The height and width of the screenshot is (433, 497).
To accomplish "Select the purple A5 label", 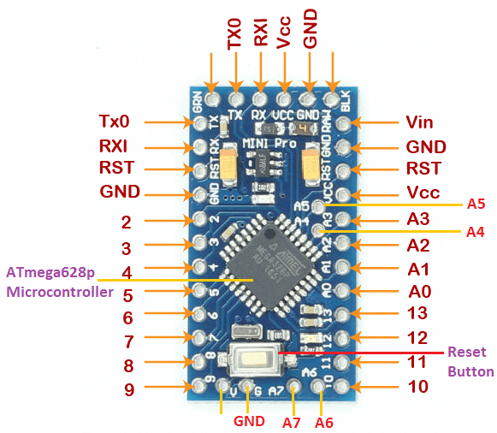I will point(476,204).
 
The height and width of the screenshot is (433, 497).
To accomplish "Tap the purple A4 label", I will point(476,232).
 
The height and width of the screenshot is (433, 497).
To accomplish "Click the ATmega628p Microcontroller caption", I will point(59,282).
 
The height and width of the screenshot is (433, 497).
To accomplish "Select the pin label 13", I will point(417,314).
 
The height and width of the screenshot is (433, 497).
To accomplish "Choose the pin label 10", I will point(417,386).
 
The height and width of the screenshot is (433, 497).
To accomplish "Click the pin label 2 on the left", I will point(126,222).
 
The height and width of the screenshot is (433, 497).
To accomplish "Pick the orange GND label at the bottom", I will point(249,421).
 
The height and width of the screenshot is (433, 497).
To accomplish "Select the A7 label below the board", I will point(293,421).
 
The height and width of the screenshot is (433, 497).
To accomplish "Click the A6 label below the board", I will point(324,421).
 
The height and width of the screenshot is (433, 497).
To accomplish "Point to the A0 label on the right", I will point(419,291).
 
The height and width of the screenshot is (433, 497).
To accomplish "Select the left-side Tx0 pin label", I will point(115,122).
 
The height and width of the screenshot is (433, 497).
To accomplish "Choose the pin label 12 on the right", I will point(417,338).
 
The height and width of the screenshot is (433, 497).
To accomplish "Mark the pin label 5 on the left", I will point(127,295).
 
